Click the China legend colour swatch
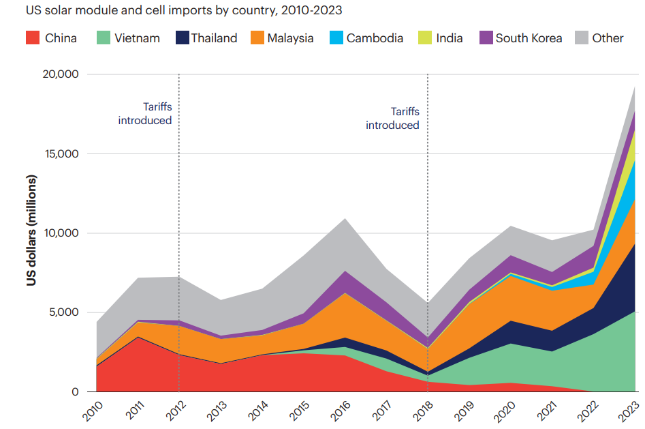point(32,38)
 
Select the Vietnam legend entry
point(137,38)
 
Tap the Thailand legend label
point(214,38)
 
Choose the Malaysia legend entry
point(290,38)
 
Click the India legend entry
point(449,38)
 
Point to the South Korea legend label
point(529,38)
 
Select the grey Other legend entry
point(608,38)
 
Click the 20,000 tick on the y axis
point(60,74)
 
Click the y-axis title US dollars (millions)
point(32,231)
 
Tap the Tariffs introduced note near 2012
point(145,113)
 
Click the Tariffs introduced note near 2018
point(392,118)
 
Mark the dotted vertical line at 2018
point(427,205)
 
